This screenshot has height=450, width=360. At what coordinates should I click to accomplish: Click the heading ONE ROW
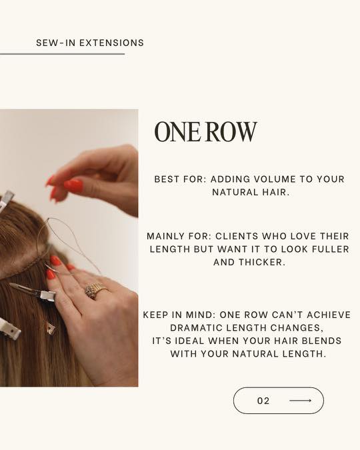tap(205, 132)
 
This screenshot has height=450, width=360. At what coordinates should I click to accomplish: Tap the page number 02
tap(263, 401)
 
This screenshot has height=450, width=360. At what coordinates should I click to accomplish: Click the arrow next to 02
tap(300, 401)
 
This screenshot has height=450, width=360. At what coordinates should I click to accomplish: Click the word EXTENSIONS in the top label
tap(112, 43)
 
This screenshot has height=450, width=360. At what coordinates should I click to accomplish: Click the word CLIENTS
tap(237, 236)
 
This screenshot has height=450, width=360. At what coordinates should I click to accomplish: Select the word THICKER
tap(262, 262)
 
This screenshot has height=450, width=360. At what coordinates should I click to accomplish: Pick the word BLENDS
tap(323, 341)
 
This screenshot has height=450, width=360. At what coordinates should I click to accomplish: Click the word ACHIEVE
tap(329, 315)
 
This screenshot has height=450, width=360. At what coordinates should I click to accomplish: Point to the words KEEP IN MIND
tap(179, 315)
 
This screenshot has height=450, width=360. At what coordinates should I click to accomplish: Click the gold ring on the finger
tap(96, 291)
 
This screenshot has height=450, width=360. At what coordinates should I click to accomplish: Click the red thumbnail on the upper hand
tap(73, 186)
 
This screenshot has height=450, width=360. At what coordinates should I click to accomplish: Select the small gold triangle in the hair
tap(50, 328)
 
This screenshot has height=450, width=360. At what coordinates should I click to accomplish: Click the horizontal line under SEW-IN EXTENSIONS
tap(62, 54)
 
